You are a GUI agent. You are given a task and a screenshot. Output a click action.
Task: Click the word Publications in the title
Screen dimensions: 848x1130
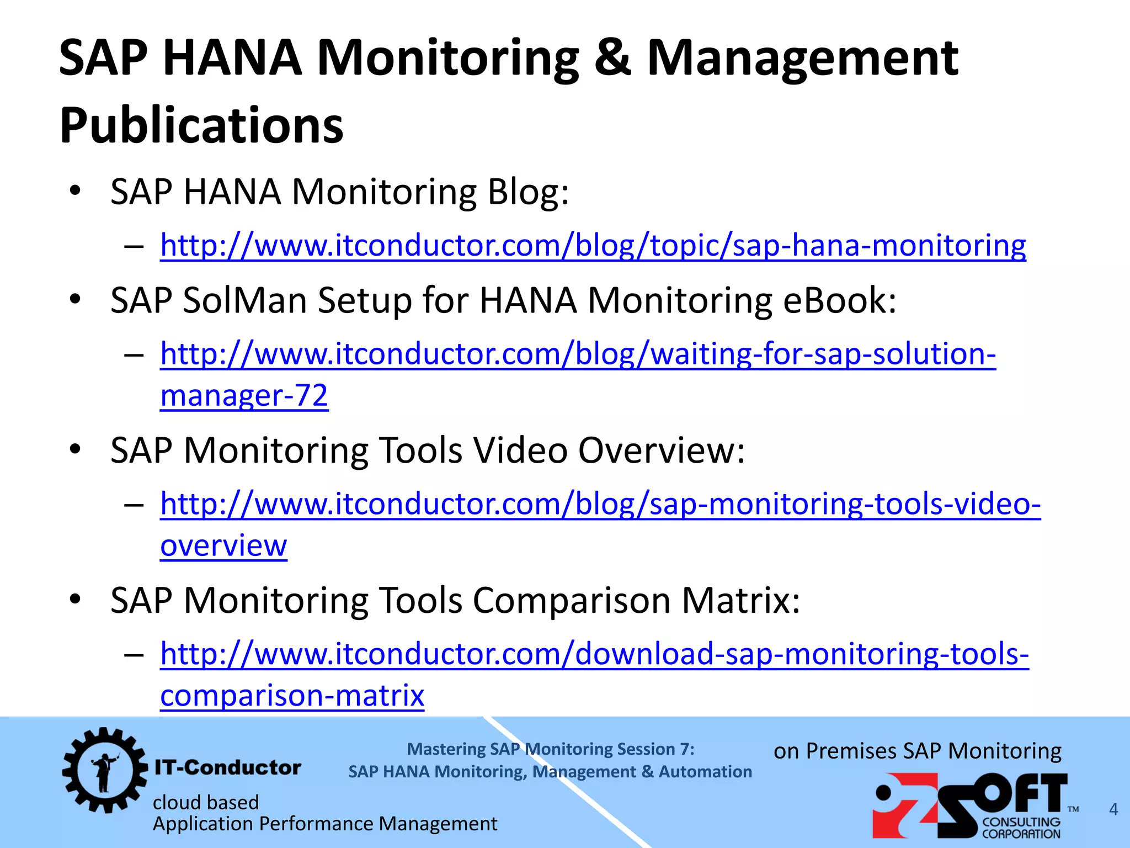[x=201, y=126]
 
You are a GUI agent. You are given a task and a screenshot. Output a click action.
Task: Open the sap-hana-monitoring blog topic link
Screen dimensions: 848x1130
[x=593, y=245]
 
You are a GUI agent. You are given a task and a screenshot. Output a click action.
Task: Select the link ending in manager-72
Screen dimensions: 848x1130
[x=244, y=395]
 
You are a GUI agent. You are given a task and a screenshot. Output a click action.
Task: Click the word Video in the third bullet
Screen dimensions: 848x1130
[x=520, y=451]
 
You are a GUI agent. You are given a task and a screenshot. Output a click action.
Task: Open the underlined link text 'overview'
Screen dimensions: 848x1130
[x=223, y=545]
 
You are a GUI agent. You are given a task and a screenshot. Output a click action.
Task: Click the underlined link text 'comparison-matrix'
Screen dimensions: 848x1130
[x=292, y=695]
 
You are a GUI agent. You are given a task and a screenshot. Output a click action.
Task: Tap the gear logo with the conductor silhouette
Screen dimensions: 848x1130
[x=105, y=770]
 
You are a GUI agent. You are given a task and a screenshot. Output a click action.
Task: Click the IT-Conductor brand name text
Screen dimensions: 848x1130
[x=227, y=767]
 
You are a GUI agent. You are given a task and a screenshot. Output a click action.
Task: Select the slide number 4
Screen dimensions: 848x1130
[x=1113, y=809]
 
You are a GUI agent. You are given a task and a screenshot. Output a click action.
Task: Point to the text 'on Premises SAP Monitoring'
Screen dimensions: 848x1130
[x=917, y=751]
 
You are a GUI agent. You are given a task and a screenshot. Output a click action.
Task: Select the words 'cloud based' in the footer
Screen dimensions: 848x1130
[x=205, y=802]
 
